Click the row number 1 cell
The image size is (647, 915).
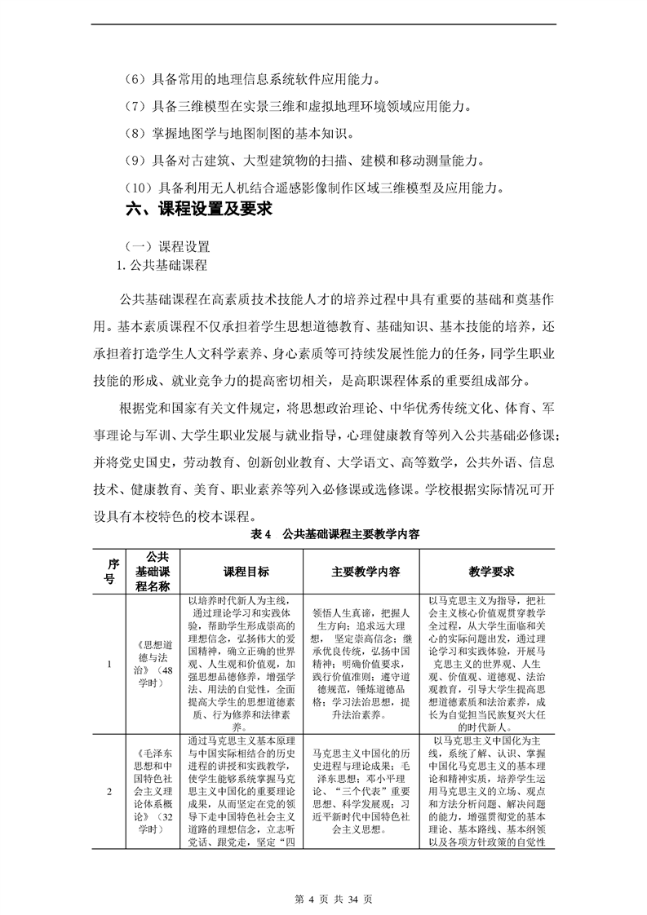click(x=109, y=664)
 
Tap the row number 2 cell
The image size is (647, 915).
click(x=109, y=792)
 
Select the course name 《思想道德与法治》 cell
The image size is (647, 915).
click(x=152, y=664)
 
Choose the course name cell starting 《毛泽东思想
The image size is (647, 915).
click(x=152, y=792)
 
